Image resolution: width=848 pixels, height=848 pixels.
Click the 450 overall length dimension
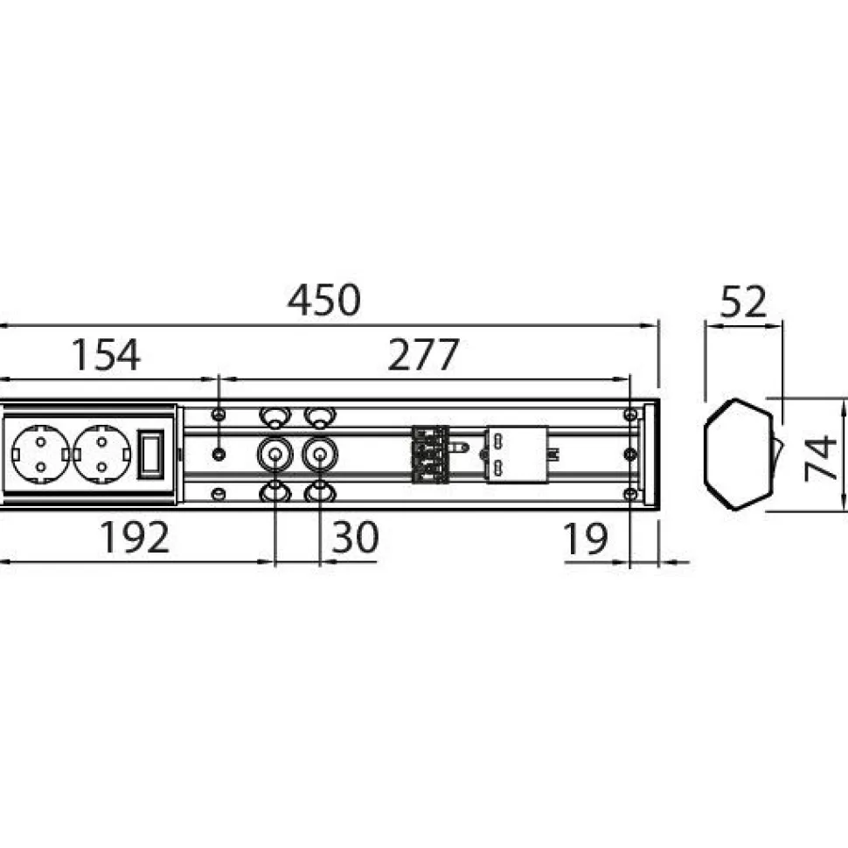[323, 300]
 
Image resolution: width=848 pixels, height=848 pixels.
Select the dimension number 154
[106, 355]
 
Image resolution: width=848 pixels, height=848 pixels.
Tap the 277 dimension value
[423, 355]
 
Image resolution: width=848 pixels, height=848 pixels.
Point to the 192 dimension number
[136, 537]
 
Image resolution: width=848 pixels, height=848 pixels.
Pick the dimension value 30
[355, 537]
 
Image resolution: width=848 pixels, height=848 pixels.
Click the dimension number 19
[586, 539]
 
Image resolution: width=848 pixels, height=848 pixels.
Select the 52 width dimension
[743, 302]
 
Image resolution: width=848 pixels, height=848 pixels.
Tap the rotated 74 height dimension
[820, 458]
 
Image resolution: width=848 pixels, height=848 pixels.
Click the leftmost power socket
[40, 454]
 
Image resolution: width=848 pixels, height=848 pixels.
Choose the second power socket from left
[101, 454]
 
